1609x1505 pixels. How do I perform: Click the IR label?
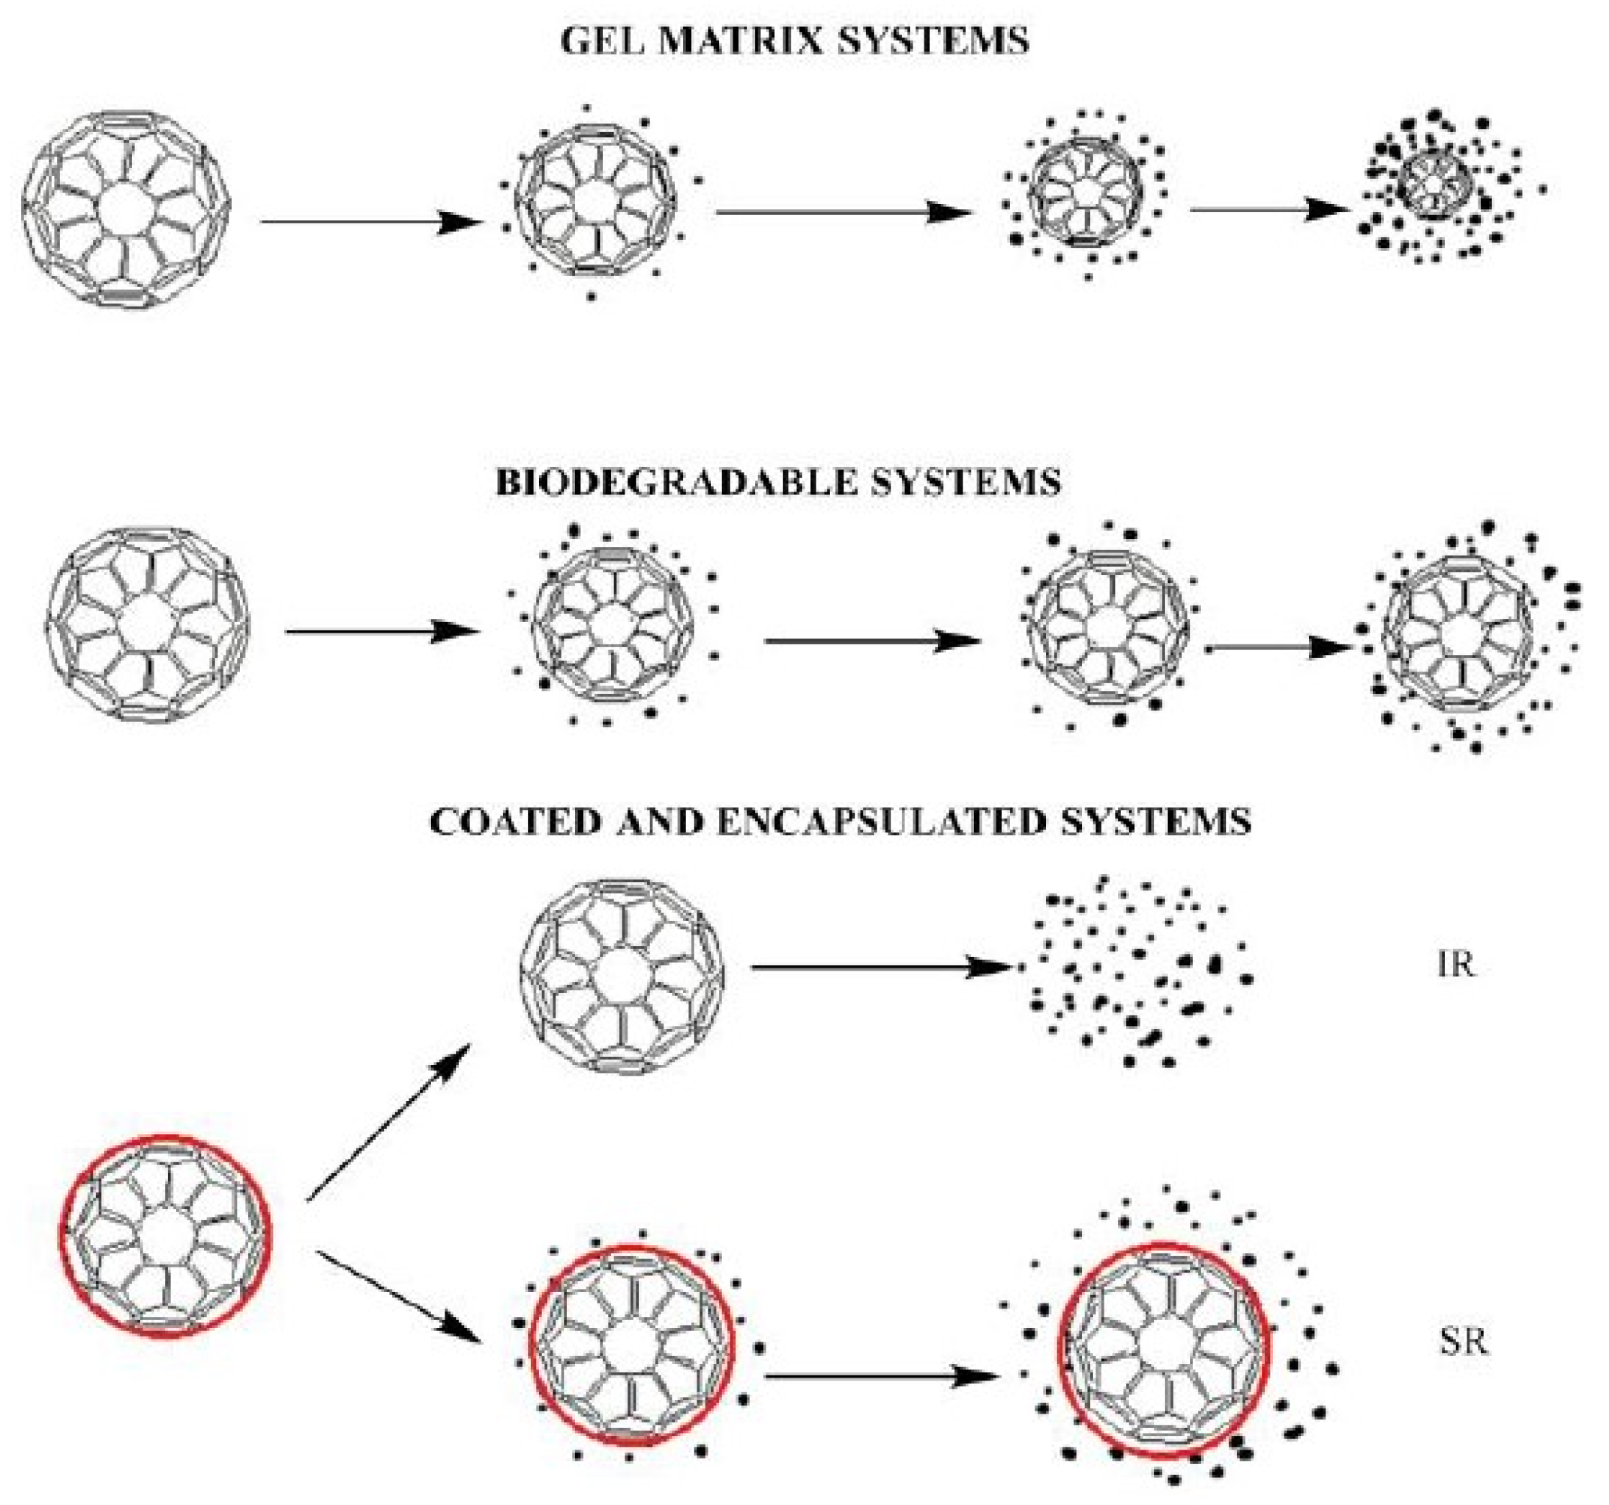pos(1456,965)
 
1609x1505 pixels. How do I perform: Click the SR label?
pos(1464,1342)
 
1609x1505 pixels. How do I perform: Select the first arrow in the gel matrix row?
pos(368,221)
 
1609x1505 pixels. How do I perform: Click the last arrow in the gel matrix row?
pos(1267,211)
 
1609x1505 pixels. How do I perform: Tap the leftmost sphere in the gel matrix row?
pos(125,209)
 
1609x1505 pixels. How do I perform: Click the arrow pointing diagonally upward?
pos(388,1122)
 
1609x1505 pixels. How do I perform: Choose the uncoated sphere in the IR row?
pos(622,977)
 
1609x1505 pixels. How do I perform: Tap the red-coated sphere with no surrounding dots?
pos(165,1236)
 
